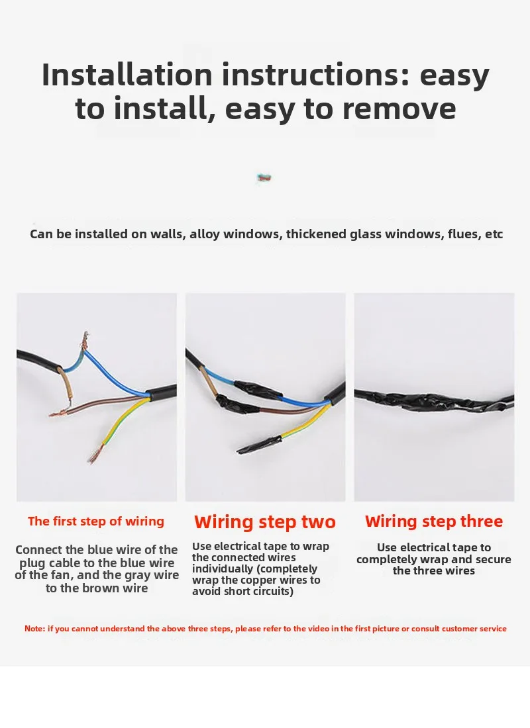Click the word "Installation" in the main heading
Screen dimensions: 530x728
pos(127,74)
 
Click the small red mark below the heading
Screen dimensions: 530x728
pos(264,177)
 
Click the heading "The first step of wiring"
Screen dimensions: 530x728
pos(96,522)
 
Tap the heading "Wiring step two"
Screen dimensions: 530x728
pos(265,522)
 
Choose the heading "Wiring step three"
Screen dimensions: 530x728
pos(434,522)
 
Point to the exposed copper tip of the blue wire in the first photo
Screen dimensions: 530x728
pos(85,340)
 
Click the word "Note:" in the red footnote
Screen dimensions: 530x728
pos(35,629)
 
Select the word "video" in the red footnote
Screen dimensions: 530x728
pos(319,629)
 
